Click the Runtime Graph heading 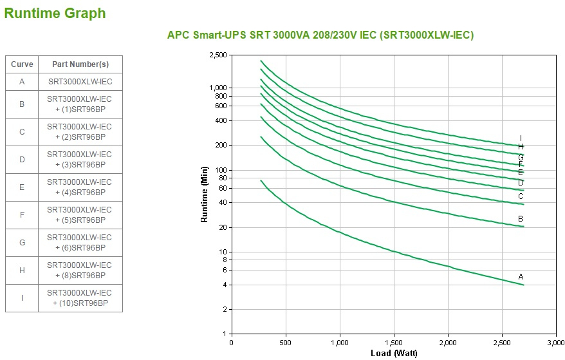tap(55, 13)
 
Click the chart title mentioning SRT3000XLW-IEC tap(320, 35)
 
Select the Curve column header tap(22, 64)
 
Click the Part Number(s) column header tap(80, 64)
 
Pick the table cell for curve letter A tap(22, 82)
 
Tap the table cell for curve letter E tap(22, 187)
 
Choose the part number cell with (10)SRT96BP tap(80, 298)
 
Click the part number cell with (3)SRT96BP tap(80, 160)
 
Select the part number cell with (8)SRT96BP tap(80, 270)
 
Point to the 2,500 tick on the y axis tap(218, 55)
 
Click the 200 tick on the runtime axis tap(221, 146)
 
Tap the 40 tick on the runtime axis tap(223, 203)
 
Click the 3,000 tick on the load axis tap(555, 343)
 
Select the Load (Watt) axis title tap(393, 353)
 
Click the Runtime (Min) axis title tap(205, 194)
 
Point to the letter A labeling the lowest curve tap(521, 277)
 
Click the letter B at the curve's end tap(521, 219)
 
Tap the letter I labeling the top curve tap(521, 138)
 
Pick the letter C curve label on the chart tap(521, 196)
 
